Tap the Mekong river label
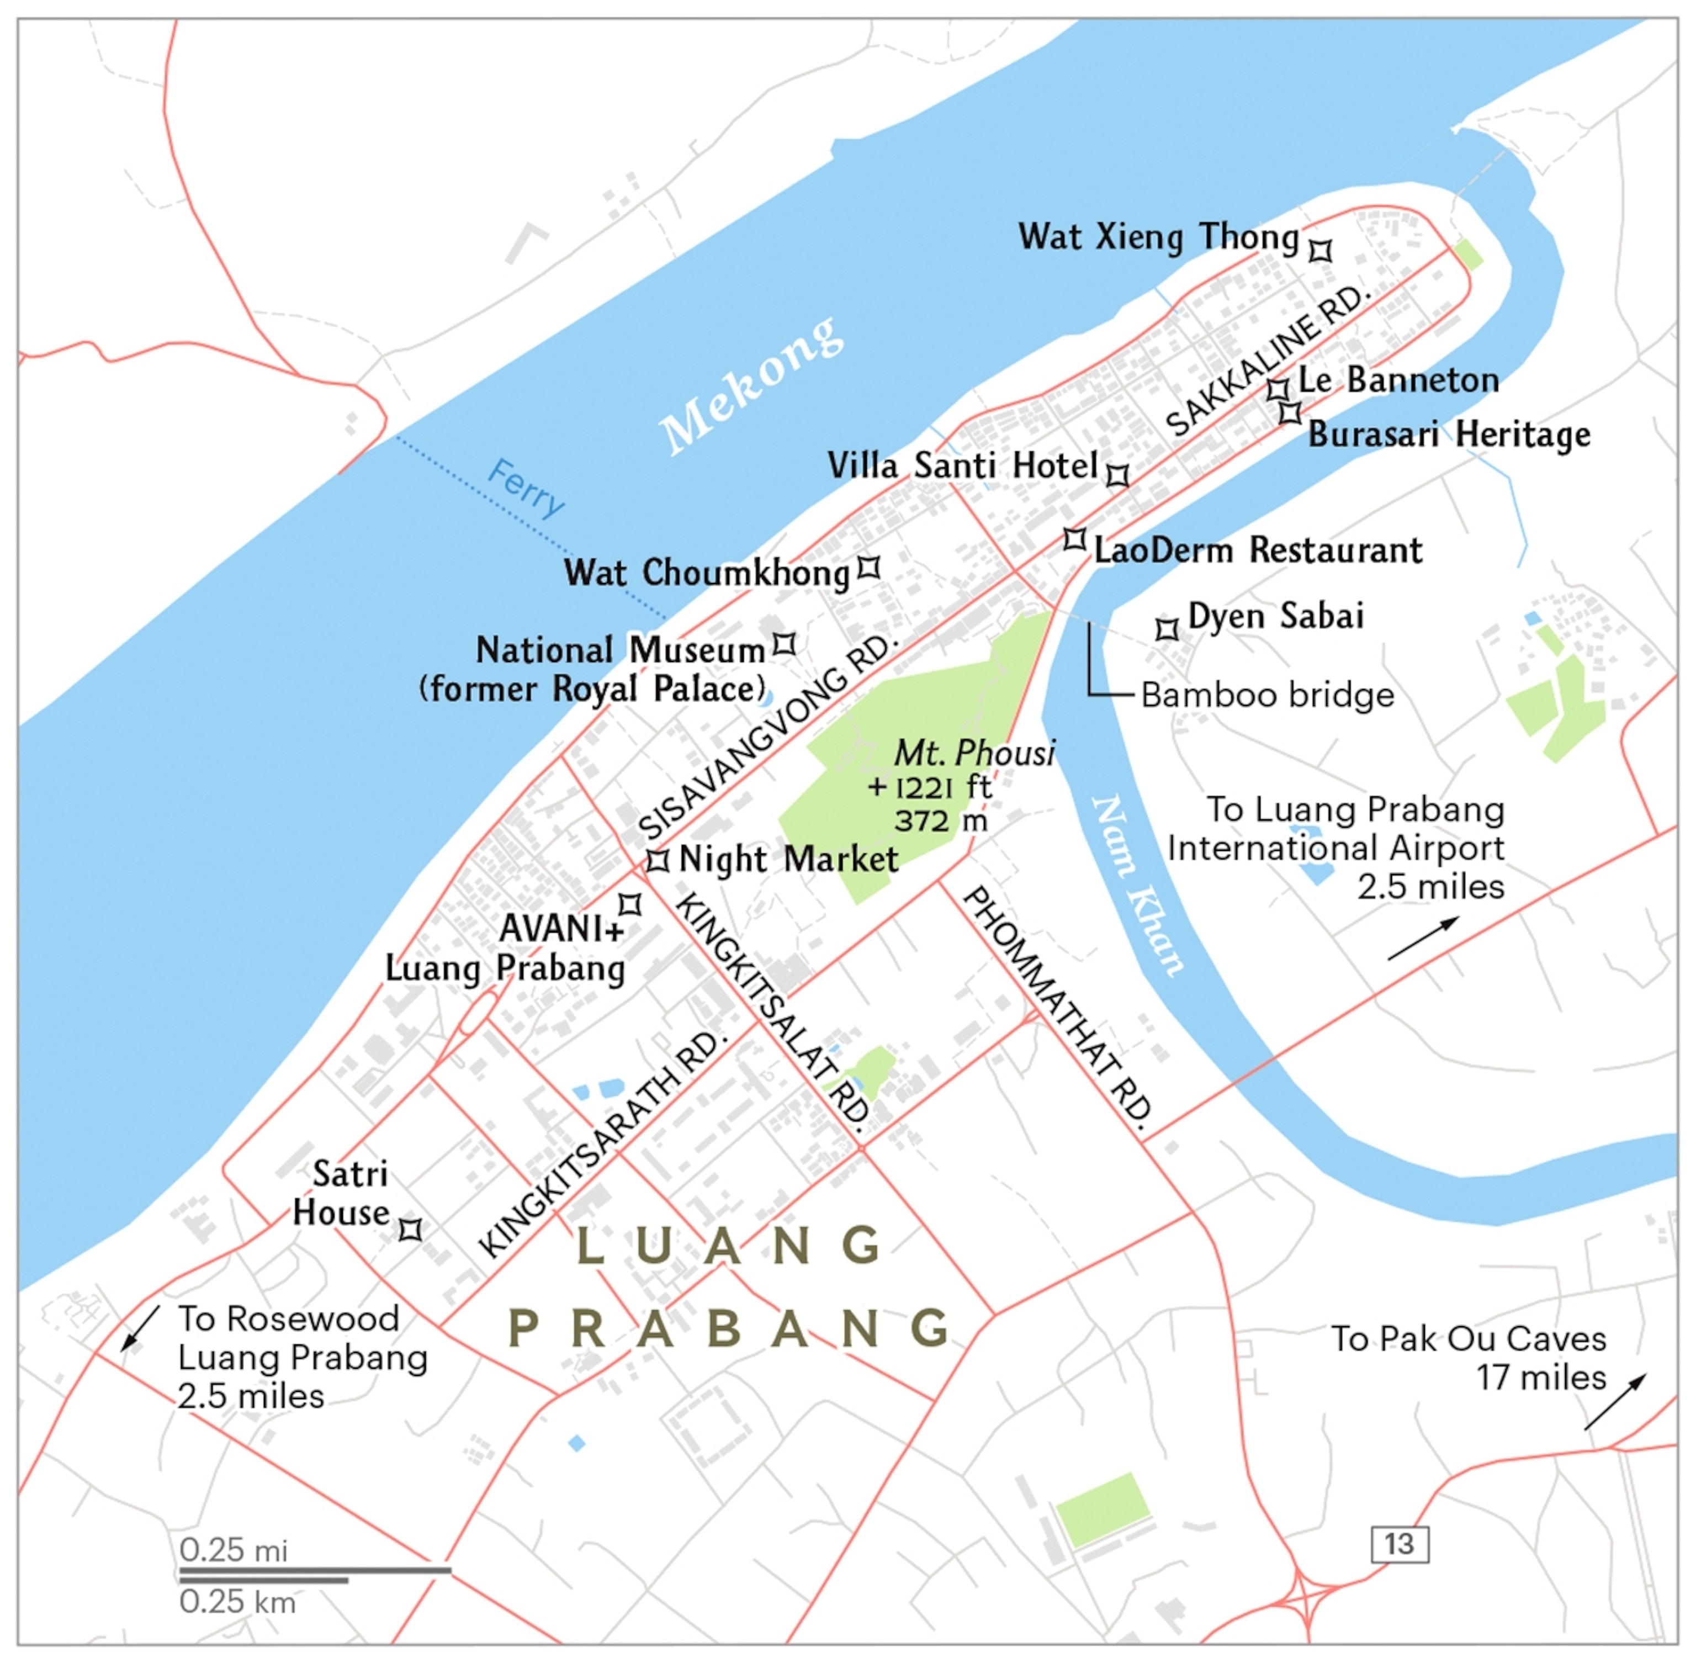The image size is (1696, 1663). coord(751,386)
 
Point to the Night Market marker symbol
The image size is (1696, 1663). coord(658,860)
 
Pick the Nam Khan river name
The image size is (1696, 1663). coord(1137,884)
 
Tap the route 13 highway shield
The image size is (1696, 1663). coord(1399,1544)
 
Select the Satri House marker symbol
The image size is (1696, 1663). coord(410,1230)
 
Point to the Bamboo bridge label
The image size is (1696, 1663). coord(1267,695)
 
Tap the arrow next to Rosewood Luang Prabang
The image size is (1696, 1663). coord(141,1328)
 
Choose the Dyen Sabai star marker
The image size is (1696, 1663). coord(1167,629)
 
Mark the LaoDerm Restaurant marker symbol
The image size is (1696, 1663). coord(1074,539)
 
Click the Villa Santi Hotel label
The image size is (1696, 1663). coord(962,465)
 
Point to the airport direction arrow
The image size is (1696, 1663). coord(1423,938)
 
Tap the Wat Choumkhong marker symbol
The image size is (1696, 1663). coord(868,568)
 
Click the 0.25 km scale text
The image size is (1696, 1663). coord(237,1602)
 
